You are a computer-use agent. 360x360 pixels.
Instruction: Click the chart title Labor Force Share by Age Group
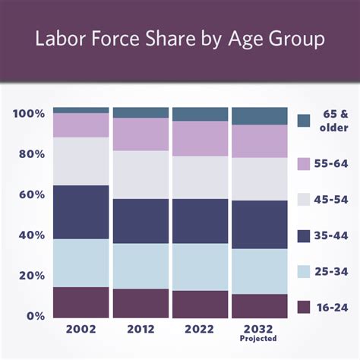[179, 39]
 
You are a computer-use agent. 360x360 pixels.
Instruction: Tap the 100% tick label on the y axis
[28, 114]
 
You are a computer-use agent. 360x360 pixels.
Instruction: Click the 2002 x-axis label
[81, 330]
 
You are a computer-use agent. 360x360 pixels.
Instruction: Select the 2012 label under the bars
[141, 330]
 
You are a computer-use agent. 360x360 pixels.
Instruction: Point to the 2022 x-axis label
[200, 330]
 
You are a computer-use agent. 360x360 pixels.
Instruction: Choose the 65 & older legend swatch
[304, 121]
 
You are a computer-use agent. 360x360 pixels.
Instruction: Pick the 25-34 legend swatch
[304, 271]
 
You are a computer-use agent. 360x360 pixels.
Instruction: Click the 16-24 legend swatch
[304, 307]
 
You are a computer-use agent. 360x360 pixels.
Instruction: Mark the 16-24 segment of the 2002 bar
[81, 302]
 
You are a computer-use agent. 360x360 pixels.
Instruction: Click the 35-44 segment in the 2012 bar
[141, 221]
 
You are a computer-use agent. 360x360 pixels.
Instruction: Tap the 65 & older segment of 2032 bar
[260, 116]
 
